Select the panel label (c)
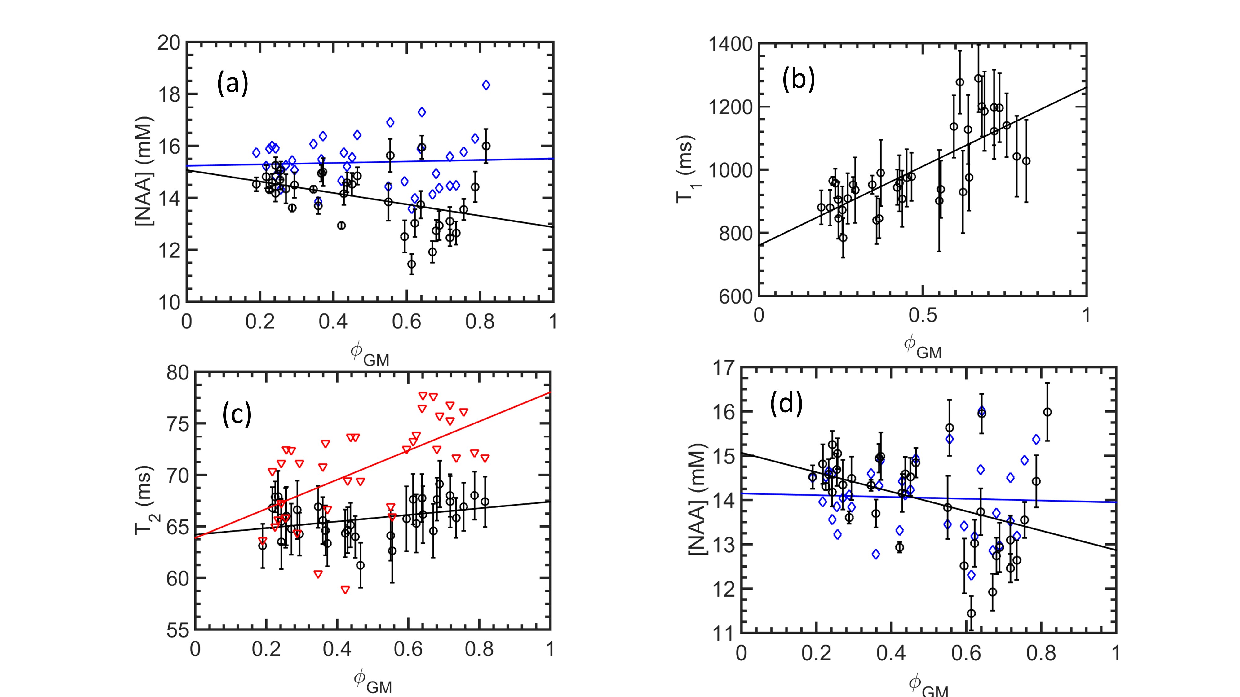click(237, 415)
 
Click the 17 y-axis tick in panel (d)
click(723, 368)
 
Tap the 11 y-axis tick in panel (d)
click(723, 633)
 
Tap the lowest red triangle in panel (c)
click(345, 590)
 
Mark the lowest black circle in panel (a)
click(412, 264)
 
